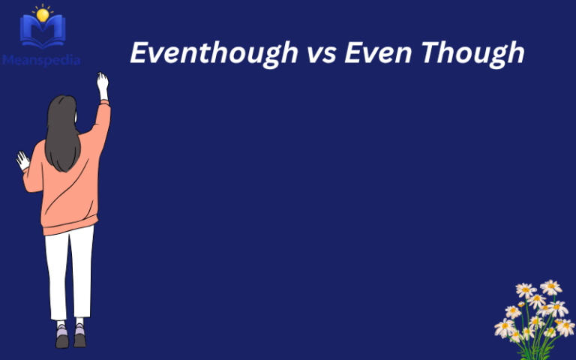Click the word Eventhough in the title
[x=203, y=53]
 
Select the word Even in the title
[x=371, y=53]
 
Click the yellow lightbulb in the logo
[x=42, y=14]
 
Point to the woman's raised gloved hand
[x=102, y=84]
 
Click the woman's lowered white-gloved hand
[x=23, y=160]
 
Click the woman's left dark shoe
[x=61, y=339]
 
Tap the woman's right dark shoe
[x=79, y=338]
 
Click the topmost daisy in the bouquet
[x=550, y=287]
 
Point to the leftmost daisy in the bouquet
[x=504, y=328]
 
